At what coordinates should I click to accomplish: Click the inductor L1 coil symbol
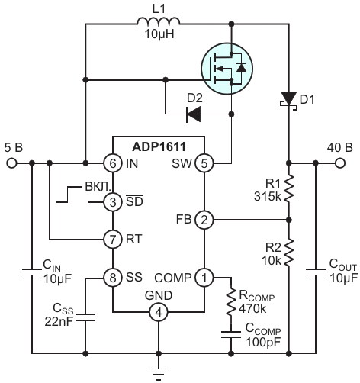click(158, 21)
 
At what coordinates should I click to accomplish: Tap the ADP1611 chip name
click(159, 146)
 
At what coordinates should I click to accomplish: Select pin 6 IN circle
click(113, 163)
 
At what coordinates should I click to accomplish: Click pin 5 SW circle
click(204, 163)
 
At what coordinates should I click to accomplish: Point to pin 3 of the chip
click(113, 202)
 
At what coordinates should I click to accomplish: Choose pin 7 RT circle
click(113, 239)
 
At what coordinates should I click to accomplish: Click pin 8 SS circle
click(113, 278)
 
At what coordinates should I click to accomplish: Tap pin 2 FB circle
click(204, 220)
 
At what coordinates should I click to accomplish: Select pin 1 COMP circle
click(204, 278)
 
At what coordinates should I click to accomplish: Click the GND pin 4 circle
click(159, 312)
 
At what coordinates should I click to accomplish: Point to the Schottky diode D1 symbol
click(289, 101)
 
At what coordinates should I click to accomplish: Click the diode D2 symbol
click(194, 114)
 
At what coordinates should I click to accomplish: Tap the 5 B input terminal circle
click(11, 163)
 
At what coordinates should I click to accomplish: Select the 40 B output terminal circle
click(340, 163)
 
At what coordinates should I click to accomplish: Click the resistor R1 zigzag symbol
click(289, 188)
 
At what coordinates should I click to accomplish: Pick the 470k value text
click(252, 308)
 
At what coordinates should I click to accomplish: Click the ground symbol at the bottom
click(159, 374)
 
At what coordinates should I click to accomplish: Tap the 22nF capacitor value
click(59, 321)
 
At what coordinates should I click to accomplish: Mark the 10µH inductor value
click(159, 34)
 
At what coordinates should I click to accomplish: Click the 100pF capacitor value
click(263, 342)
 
